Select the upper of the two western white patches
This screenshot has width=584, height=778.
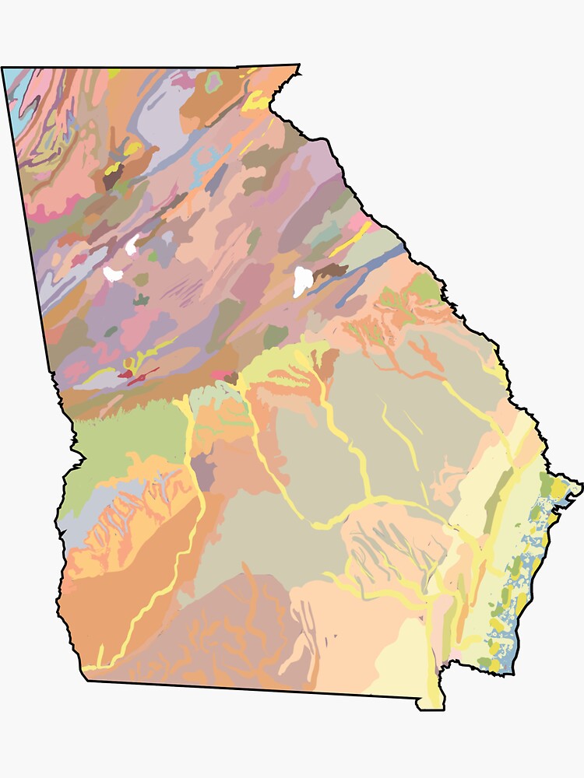coord(132,245)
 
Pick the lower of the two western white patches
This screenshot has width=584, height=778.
coord(114,273)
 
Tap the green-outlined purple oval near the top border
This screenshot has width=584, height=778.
coord(214,79)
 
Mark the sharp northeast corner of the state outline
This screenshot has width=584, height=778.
coord(298,65)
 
